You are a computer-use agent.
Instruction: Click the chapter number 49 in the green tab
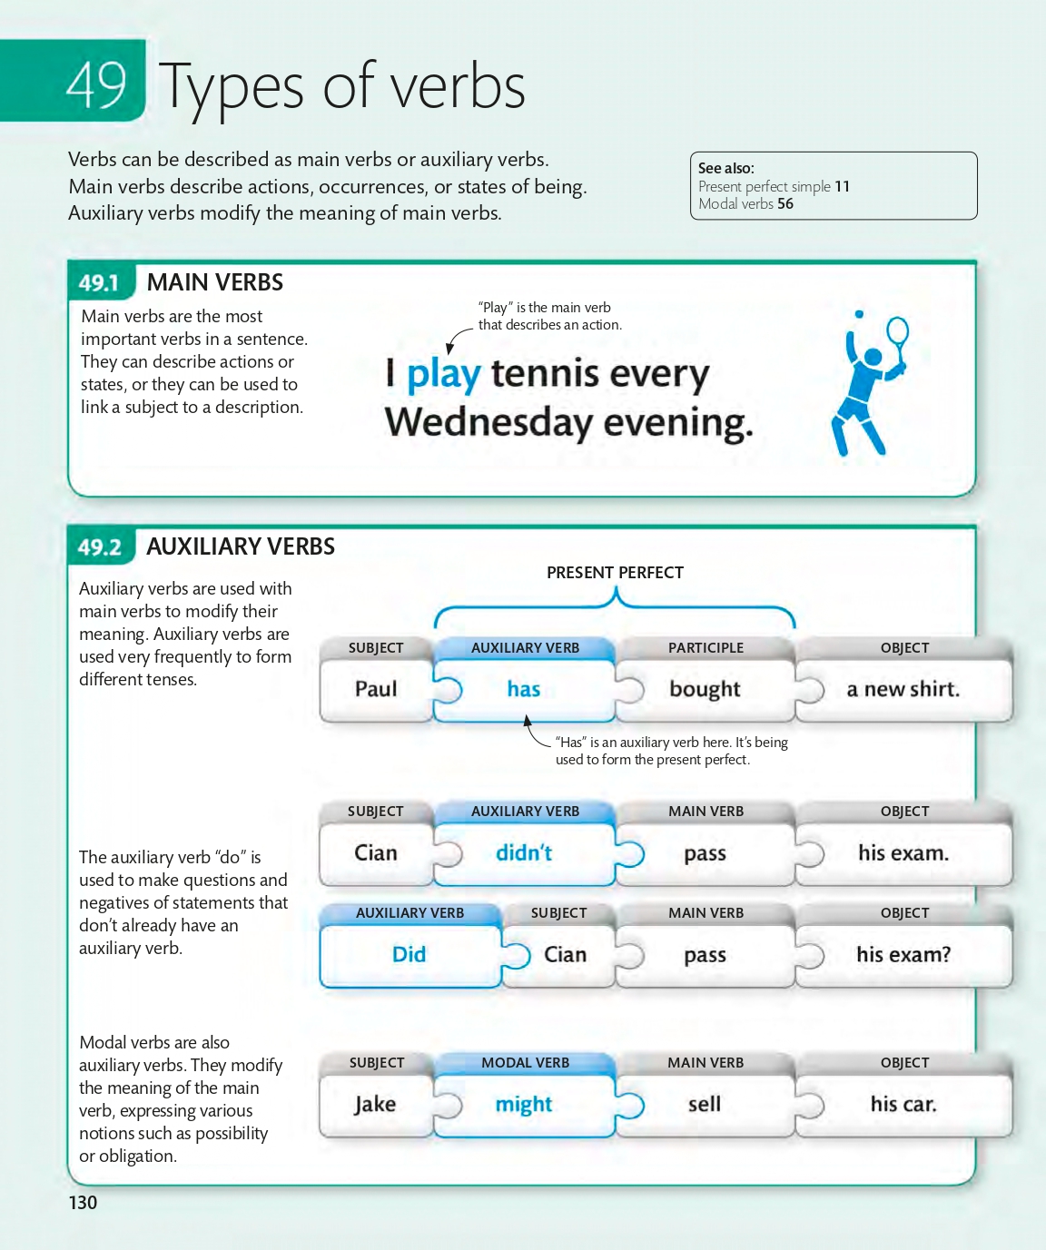point(95,84)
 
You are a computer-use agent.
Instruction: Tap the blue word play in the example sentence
point(443,374)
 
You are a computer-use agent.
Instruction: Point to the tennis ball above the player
point(858,315)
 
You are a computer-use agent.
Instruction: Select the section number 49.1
point(99,283)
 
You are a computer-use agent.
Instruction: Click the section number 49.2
point(99,547)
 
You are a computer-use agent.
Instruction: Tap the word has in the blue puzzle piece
point(524,689)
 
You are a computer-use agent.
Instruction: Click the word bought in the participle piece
point(705,689)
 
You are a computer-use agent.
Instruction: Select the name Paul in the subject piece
point(376,689)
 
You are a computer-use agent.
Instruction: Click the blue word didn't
point(524,853)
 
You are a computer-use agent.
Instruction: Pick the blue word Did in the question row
point(409,954)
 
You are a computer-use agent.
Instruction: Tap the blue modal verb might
point(524,1104)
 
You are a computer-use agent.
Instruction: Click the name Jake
point(375,1104)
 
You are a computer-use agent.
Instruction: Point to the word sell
point(705,1104)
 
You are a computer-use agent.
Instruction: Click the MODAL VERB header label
point(525,1063)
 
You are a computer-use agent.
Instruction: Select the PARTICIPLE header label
point(706,648)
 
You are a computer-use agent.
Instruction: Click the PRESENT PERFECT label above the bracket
point(615,573)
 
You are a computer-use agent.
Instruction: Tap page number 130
point(83,1203)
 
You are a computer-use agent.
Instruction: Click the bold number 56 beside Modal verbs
point(785,204)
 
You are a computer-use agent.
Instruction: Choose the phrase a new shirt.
point(903,689)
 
